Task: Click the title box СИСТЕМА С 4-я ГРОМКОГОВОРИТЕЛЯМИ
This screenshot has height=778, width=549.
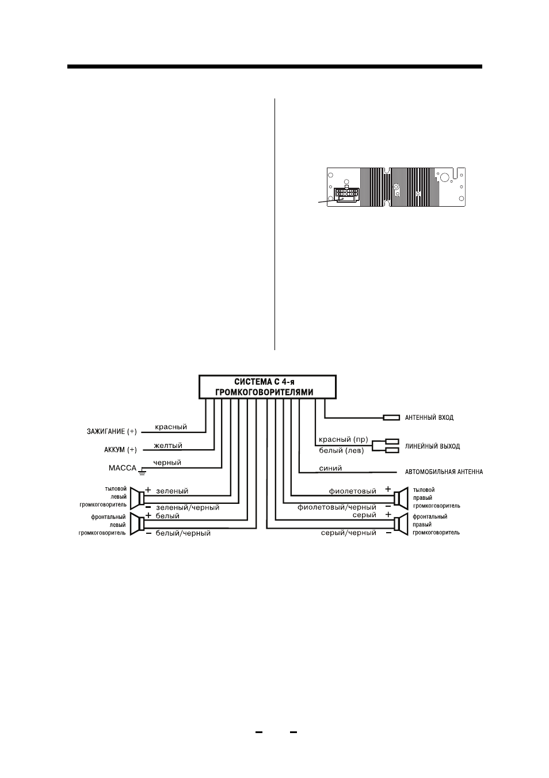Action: pyautogui.click(x=267, y=386)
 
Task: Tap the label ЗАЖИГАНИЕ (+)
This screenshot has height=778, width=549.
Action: pyautogui.click(x=112, y=432)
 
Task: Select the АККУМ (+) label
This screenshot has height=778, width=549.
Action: pyautogui.click(x=120, y=450)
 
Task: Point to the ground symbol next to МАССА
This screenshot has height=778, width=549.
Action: pyautogui.click(x=142, y=472)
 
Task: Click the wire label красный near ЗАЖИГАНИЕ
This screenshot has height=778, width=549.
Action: pyautogui.click(x=171, y=427)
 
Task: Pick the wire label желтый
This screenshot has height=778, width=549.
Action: pyautogui.click(x=168, y=445)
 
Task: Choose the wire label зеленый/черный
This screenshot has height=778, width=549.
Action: pyautogui.click(x=188, y=507)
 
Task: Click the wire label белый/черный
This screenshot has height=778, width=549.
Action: pyautogui.click(x=183, y=533)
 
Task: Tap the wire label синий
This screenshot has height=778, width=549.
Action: pyautogui.click(x=330, y=468)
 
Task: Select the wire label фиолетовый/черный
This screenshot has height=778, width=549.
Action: pyautogui.click(x=337, y=507)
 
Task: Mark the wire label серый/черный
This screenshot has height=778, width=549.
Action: pyautogui.click(x=348, y=533)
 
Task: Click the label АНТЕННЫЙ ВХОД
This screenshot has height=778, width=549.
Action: pyautogui.click(x=429, y=418)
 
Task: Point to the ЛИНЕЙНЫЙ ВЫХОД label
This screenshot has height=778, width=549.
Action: pyautogui.click(x=432, y=446)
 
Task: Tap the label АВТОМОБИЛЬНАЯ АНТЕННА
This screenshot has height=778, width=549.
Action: pyautogui.click(x=444, y=472)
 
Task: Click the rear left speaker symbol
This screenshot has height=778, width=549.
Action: pyautogui.click(x=138, y=498)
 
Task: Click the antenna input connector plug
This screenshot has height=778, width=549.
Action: pyautogui.click(x=391, y=418)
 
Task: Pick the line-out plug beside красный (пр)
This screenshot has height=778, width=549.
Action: pyautogui.click(x=392, y=442)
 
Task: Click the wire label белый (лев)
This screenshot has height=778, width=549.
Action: pyautogui.click(x=341, y=451)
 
